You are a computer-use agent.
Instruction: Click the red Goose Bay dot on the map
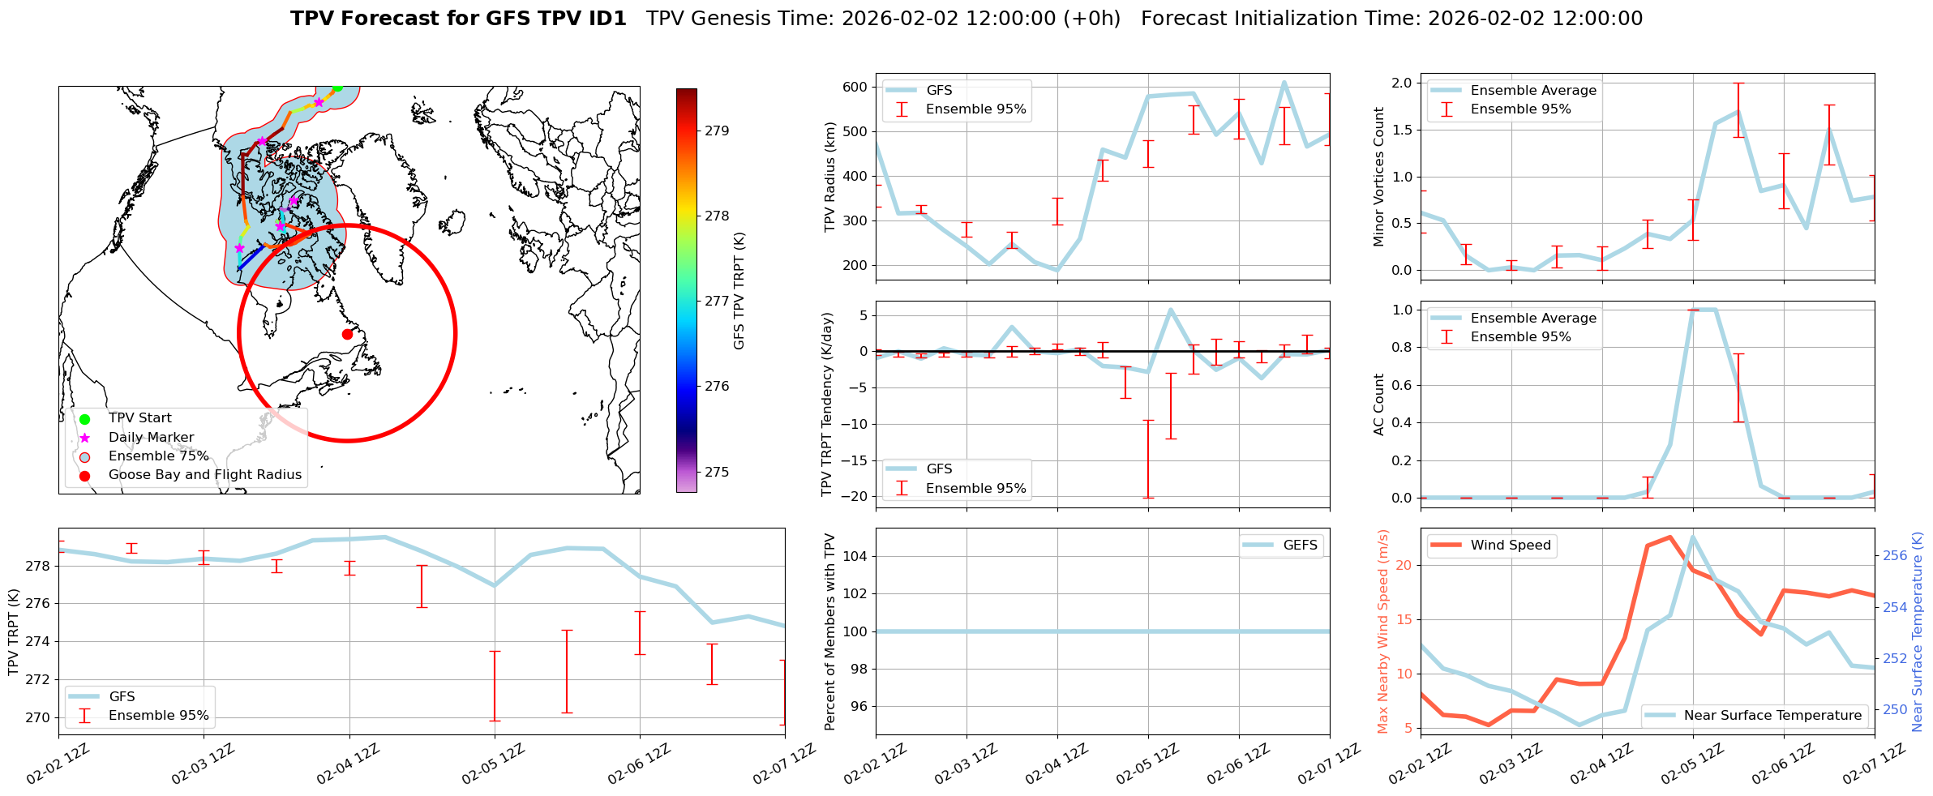[347, 334]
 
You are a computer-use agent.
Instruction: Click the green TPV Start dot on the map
[337, 88]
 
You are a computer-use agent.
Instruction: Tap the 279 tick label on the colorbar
[717, 131]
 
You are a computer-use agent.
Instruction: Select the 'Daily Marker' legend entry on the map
[151, 438]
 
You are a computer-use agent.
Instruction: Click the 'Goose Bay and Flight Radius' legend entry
[204, 475]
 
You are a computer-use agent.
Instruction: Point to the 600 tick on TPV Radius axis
[855, 88]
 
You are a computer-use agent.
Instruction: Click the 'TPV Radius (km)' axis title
[830, 177]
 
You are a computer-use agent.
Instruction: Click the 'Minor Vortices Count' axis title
[1379, 177]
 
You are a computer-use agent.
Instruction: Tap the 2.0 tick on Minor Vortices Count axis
[1401, 83]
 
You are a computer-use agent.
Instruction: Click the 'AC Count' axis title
[1379, 404]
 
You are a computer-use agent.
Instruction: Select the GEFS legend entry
[1300, 546]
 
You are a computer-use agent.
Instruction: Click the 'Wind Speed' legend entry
[1510, 546]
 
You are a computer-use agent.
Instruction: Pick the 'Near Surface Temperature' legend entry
[1772, 716]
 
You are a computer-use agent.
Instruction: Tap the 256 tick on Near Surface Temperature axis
[1895, 556]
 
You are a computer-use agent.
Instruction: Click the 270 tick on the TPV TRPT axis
[37, 717]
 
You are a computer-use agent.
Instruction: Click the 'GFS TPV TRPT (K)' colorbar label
[739, 290]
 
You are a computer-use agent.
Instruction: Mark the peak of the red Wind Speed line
[1669, 537]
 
